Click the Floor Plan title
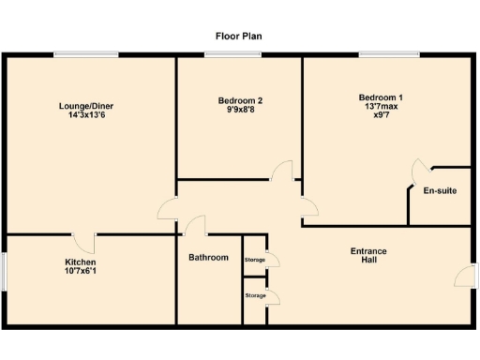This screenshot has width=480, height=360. (239, 36)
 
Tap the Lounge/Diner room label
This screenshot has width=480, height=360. (85, 106)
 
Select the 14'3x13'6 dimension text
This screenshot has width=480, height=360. (85, 115)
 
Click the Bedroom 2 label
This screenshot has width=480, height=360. (240, 100)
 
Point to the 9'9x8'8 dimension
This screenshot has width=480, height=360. (240, 110)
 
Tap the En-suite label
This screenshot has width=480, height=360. (440, 191)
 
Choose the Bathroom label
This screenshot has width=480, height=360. (208, 257)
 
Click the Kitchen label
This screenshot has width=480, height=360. (80, 262)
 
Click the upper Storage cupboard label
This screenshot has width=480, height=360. (254, 259)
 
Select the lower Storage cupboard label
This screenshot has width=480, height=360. (254, 295)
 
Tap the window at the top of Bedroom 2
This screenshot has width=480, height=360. (232, 54)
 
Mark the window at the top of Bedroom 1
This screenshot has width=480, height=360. (387, 54)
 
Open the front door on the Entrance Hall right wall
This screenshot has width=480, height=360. (466, 276)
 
